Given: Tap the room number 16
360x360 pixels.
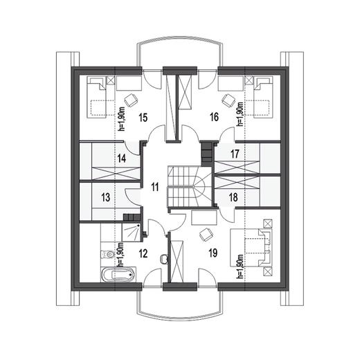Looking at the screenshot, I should tap(214, 118).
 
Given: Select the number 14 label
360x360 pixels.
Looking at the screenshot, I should tap(122, 159).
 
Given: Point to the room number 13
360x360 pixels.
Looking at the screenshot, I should tap(106, 197).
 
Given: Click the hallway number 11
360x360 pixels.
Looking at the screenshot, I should tap(154, 186).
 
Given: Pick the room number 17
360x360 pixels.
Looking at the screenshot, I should tap(235, 154).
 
